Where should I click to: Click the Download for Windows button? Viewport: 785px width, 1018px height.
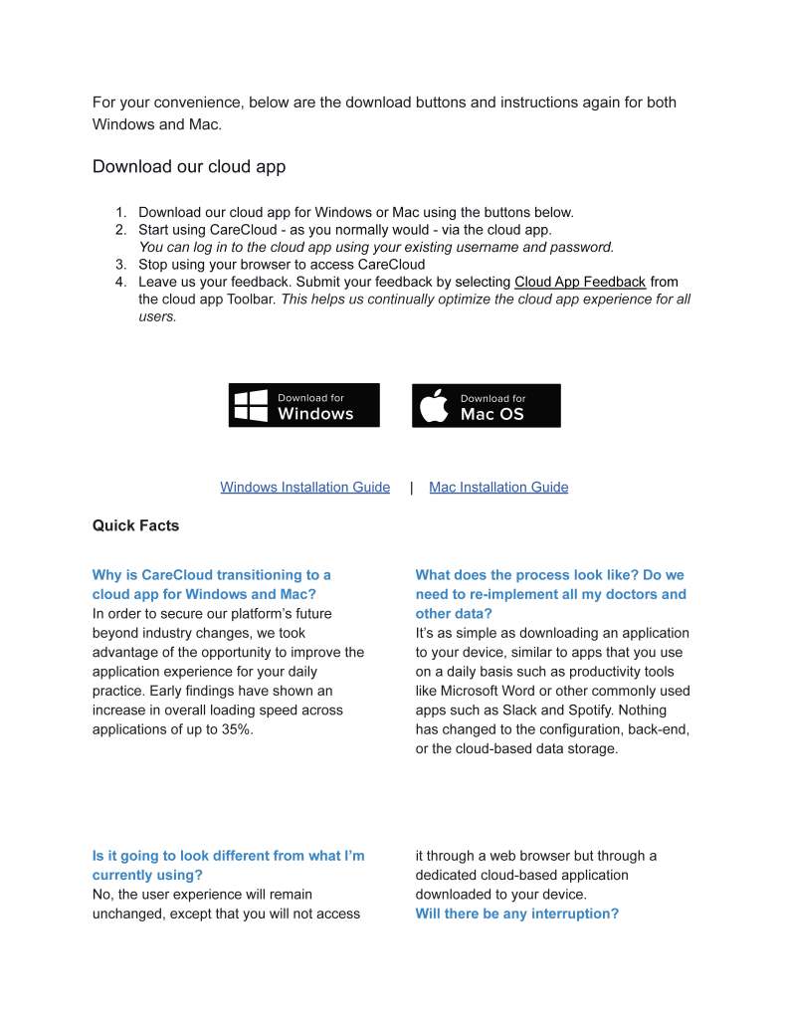coord(303,405)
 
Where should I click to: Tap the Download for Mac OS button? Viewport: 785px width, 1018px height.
coord(486,405)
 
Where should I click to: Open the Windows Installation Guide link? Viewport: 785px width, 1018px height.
coord(304,487)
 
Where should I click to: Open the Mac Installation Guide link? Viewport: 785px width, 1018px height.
coord(498,487)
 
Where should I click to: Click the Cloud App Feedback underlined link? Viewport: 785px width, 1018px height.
coord(580,282)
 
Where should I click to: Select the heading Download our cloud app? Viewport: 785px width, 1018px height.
coord(189,166)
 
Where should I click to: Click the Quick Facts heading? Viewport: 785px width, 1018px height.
coord(135,525)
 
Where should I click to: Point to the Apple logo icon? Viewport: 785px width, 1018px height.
coord(435,406)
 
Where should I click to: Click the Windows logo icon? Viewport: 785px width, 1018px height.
coord(251,405)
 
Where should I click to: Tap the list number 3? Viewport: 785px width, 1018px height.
coord(120,264)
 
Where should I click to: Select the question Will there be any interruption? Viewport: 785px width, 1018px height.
coord(516,914)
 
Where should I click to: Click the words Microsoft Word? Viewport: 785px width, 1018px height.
coord(488,691)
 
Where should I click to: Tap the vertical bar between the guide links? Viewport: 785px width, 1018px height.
coord(411,488)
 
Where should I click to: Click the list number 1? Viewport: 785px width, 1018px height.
coord(120,212)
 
